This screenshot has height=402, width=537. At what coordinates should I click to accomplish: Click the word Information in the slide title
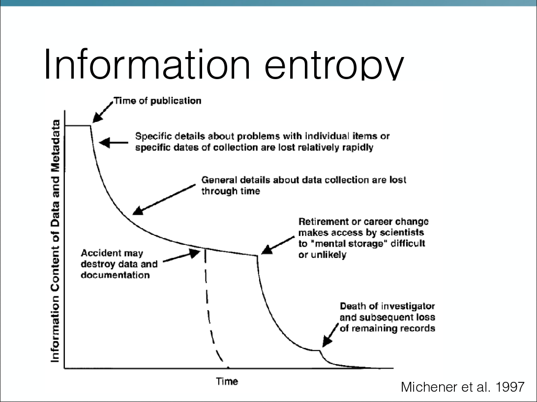point(147,64)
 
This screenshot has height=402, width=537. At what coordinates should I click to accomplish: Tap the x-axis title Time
point(227,381)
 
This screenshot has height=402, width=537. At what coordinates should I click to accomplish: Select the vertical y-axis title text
point(56,241)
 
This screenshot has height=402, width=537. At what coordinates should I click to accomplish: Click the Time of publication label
point(157,101)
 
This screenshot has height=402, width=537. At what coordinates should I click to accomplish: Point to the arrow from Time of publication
point(103,112)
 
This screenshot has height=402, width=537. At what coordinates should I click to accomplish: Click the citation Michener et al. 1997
point(462,387)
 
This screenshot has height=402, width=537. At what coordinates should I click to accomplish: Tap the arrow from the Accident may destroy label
point(181,258)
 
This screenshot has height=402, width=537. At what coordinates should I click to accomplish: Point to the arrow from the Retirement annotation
point(278,245)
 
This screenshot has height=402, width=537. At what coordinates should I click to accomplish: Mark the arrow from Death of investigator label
point(330,335)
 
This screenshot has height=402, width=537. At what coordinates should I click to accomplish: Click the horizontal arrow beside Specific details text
point(114,143)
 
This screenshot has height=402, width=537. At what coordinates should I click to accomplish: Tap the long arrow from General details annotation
point(164,200)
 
